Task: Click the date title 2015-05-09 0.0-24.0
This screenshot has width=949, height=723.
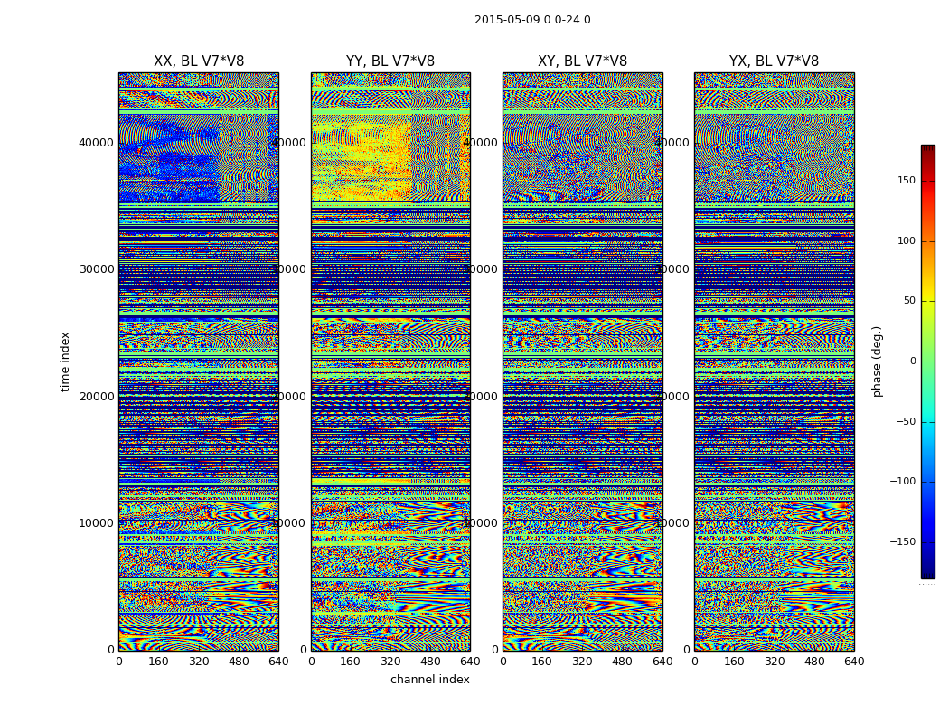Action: (x=532, y=20)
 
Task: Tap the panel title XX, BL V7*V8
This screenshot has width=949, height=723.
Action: (x=199, y=61)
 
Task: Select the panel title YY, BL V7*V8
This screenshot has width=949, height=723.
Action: (x=390, y=61)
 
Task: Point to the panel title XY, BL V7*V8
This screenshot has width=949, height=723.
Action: (x=582, y=61)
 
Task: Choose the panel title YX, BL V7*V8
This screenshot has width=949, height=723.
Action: (x=774, y=61)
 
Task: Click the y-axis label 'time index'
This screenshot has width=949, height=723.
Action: (x=65, y=361)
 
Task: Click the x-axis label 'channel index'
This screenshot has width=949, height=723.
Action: (x=430, y=680)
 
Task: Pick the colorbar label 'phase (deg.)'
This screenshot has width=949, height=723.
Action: (x=877, y=361)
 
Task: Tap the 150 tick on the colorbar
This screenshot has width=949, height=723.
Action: (x=931, y=181)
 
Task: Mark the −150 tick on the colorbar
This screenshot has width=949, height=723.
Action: (x=931, y=542)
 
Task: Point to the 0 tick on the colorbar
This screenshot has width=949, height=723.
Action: (x=931, y=361)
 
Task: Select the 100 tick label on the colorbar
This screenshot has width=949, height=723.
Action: (x=931, y=241)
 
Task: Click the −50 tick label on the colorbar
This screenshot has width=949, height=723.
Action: (x=931, y=422)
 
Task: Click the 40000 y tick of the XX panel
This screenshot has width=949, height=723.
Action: (x=97, y=142)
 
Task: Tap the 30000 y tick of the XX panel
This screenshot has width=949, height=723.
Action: (x=97, y=269)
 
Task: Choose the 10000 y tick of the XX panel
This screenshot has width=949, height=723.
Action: (x=97, y=523)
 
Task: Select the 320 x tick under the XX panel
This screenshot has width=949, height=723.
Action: (x=199, y=662)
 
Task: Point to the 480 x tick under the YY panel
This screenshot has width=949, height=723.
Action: (x=430, y=662)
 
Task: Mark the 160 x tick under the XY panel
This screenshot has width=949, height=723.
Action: (x=542, y=662)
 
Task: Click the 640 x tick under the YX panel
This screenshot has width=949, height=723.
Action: (x=854, y=662)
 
